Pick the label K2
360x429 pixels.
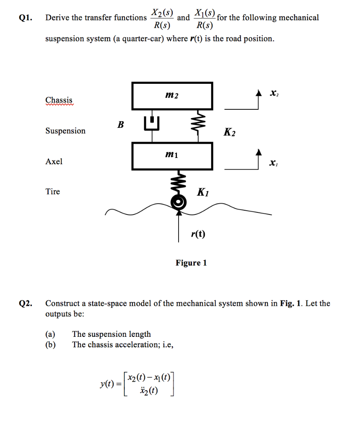pyautogui.click(x=229, y=132)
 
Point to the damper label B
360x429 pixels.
pyautogui.click(x=120, y=124)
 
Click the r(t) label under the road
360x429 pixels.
pyautogui.click(x=198, y=234)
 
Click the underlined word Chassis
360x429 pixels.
pyautogui.click(x=59, y=100)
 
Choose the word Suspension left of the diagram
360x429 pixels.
pyautogui.click(x=65, y=131)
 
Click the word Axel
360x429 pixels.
pyautogui.click(x=54, y=161)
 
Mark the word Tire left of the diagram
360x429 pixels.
pyautogui.click(x=53, y=191)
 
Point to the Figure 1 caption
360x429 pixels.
pyautogui.click(x=191, y=263)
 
